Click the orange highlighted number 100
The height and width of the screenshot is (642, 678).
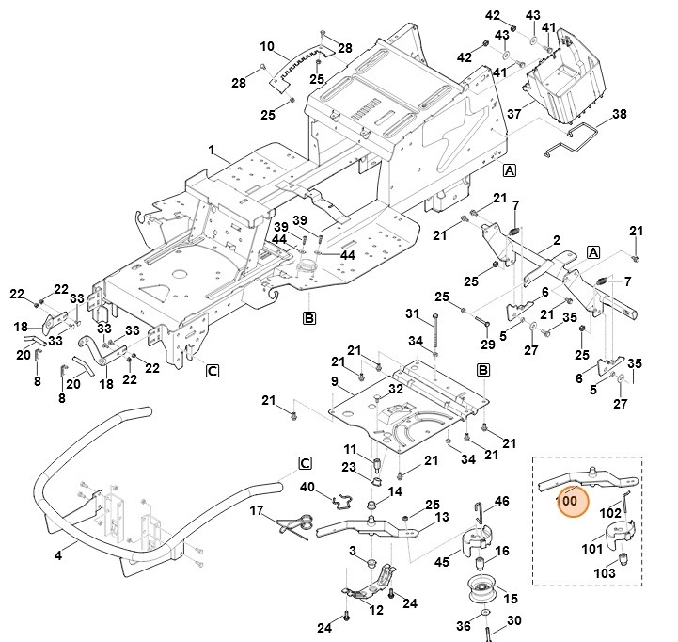pos(566,502)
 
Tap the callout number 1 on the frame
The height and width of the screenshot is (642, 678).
pos(213,150)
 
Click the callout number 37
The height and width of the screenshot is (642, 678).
pos(514,114)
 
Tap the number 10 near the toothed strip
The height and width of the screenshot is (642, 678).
pos(267,45)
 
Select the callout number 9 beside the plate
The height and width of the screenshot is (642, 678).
pos(334,380)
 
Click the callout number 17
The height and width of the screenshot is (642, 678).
pos(255,510)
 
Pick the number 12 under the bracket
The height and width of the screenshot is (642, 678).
pos(376,609)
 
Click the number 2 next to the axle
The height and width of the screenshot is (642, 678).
pos(557,240)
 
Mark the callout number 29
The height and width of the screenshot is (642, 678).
pos(487,321)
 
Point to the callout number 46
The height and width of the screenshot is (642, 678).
pos(501,501)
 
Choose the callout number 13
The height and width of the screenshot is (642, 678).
pos(442,517)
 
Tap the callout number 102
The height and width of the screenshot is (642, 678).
pos(610,513)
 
